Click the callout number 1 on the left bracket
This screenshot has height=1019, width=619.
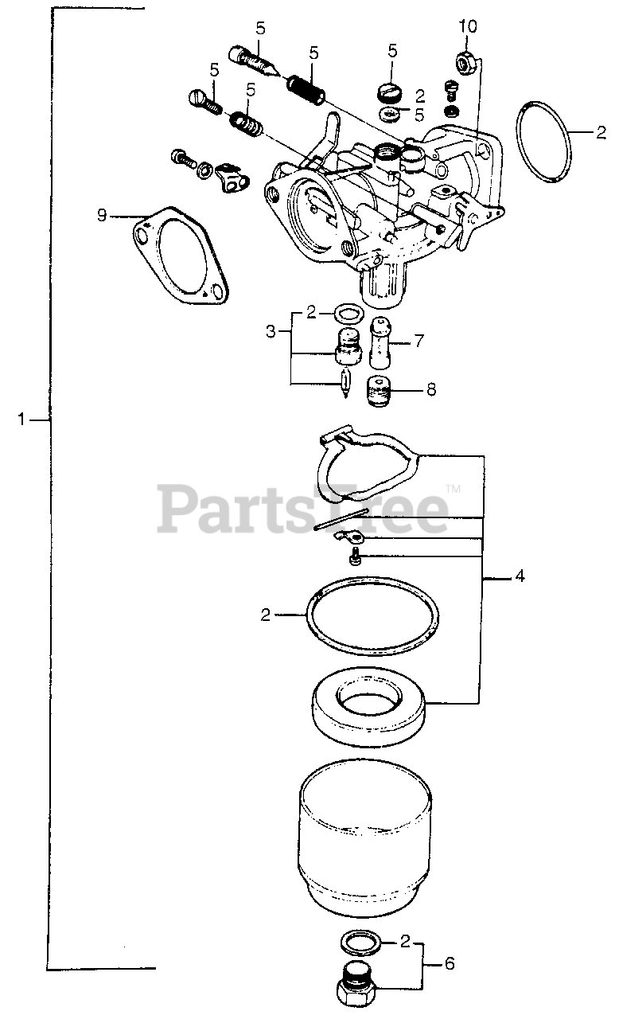[x=23, y=419]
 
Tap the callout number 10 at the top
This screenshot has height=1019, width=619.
[x=468, y=27]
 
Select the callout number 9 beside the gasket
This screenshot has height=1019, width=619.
[x=102, y=215]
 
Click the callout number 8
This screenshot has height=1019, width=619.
[x=431, y=391]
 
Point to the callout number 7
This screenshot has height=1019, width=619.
[x=419, y=341]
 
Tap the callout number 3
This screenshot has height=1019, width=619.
[x=270, y=328]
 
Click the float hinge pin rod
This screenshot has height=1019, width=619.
[x=341, y=518]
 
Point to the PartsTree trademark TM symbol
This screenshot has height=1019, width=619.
[x=453, y=488]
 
